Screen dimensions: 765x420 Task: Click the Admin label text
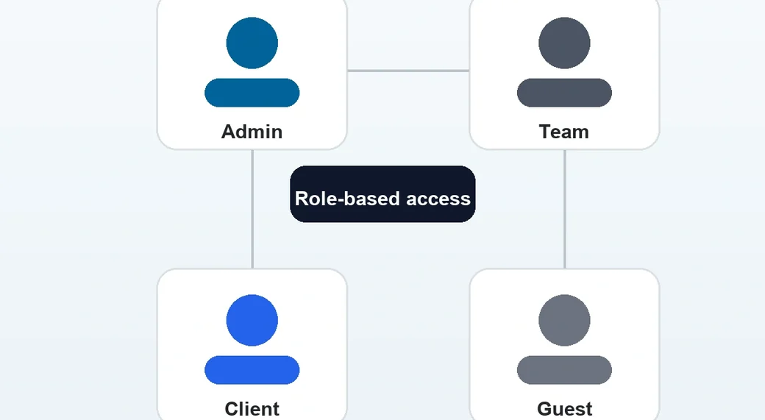click(x=252, y=132)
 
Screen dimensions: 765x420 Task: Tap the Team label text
click(x=564, y=132)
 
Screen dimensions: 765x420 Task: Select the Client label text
click(x=252, y=409)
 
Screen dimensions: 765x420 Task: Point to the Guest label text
click(x=564, y=409)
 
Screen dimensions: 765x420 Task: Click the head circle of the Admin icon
click(x=252, y=43)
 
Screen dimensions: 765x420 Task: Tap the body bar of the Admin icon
click(x=252, y=93)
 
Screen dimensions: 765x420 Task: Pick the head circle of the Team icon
click(x=564, y=43)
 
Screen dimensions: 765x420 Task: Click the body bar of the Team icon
click(x=564, y=93)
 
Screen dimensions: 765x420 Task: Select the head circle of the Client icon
click(x=252, y=320)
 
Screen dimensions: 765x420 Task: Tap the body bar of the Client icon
click(x=252, y=370)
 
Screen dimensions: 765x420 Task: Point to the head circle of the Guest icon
click(x=564, y=320)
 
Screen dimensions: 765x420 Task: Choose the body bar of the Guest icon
click(x=564, y=370)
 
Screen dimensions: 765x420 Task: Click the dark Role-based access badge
click(x=382, y=194)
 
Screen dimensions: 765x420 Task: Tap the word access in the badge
click(x=438, y=199)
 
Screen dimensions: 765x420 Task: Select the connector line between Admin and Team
click(x=408, y=71)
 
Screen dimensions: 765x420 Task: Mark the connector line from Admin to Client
click(x=252, y=209)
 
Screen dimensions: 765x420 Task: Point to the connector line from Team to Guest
click(x=564, y=209)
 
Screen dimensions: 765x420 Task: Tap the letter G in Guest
click(x=544, y=409)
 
